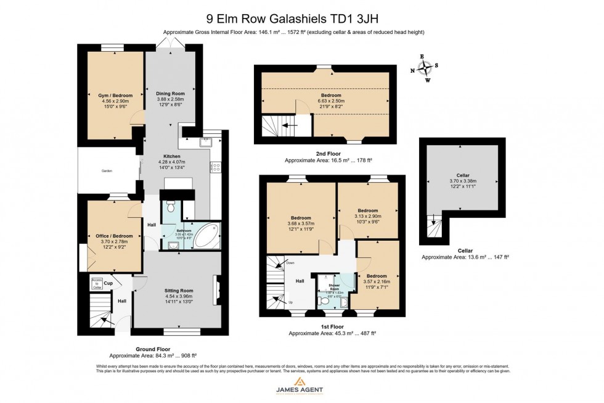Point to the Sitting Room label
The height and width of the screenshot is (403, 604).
click(x=179, y=290)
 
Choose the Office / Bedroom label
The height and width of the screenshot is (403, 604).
click(x=114, y=236)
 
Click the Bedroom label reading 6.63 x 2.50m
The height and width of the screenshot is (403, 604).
click(x=330, y=96)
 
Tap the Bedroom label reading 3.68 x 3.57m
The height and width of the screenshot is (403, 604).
click(x=301, y=218)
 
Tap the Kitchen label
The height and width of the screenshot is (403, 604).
click(x=171, y=157)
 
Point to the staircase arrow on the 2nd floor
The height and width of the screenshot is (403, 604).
click(x=287, y=125)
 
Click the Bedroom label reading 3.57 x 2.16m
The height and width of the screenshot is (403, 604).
click(x=377, y=276)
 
